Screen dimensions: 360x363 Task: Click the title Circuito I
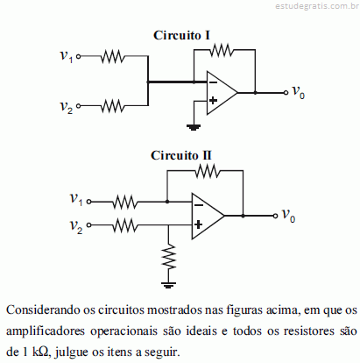click(181, 35)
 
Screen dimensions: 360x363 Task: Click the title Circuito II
click(180, 155)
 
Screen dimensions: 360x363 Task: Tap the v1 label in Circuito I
click(67, 55)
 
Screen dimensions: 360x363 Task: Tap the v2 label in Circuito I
click(67, 106)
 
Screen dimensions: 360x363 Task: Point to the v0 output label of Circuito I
click(299, 92)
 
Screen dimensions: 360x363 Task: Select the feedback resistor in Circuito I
click(222, 50)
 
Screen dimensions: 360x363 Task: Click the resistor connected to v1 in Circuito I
click(113, 56)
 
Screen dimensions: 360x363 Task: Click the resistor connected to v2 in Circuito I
click(113, 106)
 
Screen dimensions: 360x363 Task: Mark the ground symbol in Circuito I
click(194, 127)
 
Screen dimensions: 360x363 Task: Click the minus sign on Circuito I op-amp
click(214, 82)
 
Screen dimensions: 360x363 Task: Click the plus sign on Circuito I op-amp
click(214, 100)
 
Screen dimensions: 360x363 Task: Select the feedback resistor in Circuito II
click(208, 171)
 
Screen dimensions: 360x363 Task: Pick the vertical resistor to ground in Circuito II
click(168, 257)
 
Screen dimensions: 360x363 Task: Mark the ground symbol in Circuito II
click(168, 285)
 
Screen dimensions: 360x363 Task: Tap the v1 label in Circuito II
click(76, 200)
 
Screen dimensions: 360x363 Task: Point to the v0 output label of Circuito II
click(288, 216)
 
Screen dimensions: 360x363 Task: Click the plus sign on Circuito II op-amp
click(198, 224)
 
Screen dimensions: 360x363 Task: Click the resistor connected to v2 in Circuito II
click(125, 225)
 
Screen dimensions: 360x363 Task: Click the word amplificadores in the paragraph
click(46, 331)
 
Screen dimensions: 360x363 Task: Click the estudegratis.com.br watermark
click(317, 6)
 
